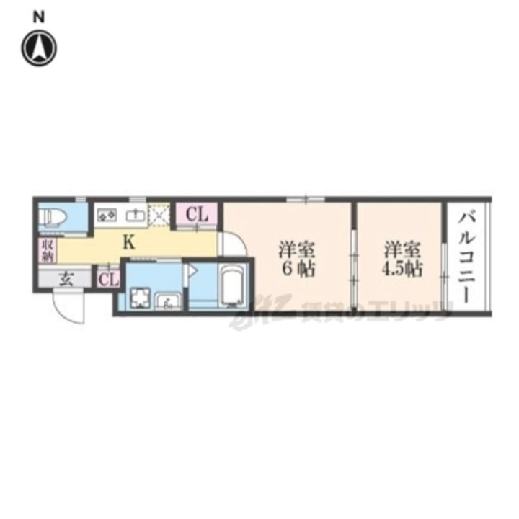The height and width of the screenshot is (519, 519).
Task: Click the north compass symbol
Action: tap(38, 48)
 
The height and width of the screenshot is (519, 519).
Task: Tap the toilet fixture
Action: tap(55, 216)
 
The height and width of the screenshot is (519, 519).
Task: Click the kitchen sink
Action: tap(135, 214)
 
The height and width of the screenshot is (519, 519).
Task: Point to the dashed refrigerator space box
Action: tap(159, 214)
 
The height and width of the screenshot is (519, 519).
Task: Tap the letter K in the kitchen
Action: tap(128, 241)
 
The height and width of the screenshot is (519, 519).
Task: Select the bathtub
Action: tap(232, 285)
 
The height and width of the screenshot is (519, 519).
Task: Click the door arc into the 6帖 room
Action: tap(229, 244)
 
